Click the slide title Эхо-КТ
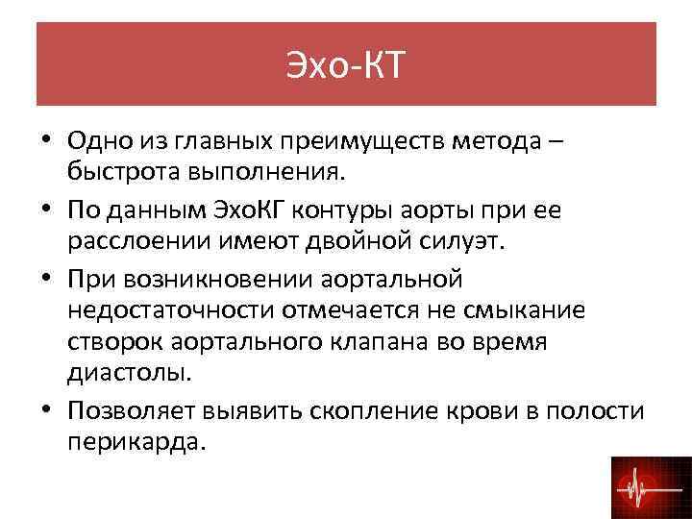tap(346, 65)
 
